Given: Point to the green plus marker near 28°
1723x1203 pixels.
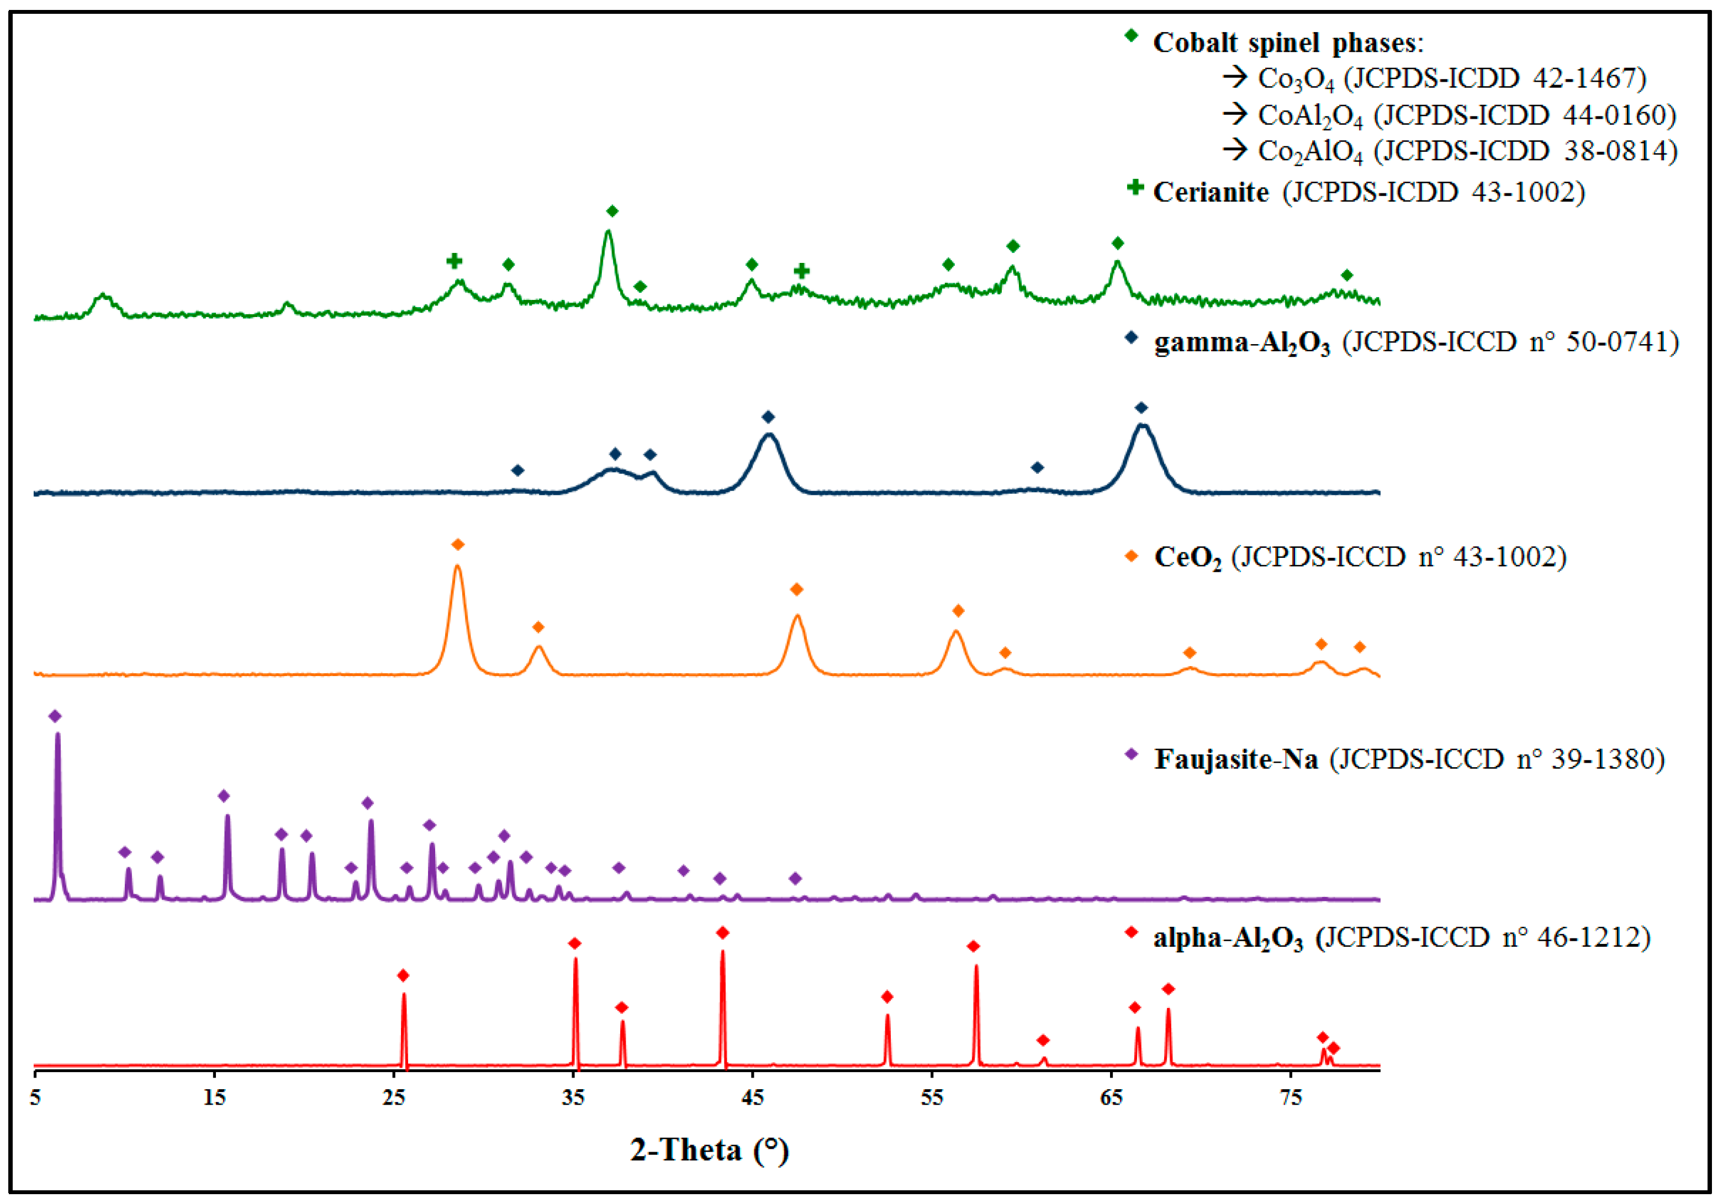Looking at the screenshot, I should [x=454, y=261].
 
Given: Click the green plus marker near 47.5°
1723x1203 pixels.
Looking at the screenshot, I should [x=801, y=271].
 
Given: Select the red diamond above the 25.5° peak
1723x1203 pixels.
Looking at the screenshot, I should [x=403, y=975].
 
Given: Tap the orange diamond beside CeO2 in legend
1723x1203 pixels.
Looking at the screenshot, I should [x=1132, y=556].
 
